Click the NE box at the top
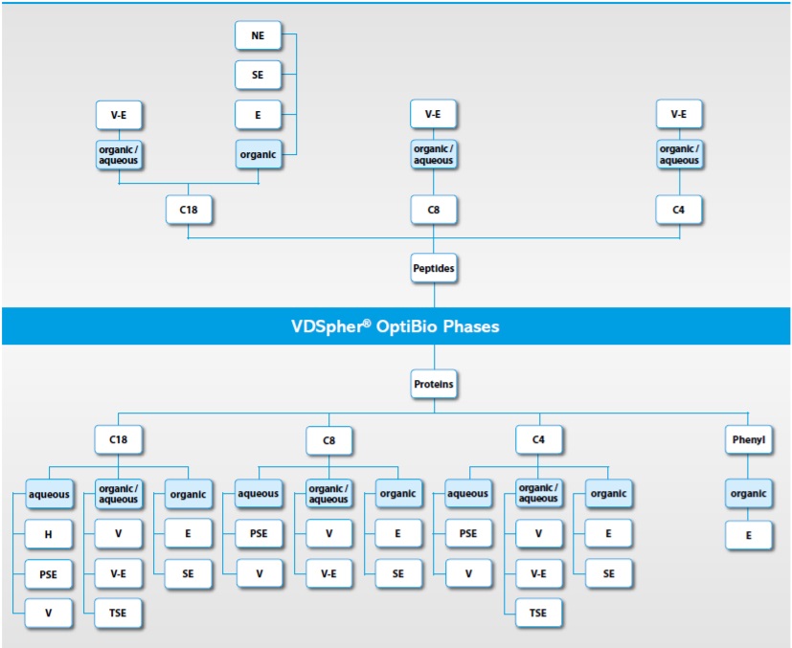pos(258,36)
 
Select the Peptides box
pos(433,269)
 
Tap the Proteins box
pos(433,385)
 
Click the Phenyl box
pos(748,440)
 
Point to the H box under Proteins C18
pos(47,533)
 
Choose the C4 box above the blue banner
pos(679,209)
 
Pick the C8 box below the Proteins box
pos(328,440)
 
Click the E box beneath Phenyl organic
pos(748,534)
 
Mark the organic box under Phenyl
pos(748,494)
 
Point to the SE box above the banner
pos(258,75)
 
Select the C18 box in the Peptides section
pos(188,209)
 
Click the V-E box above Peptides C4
pos(679,115)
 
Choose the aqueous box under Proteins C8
pos(258,494)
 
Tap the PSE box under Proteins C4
pos(467,533)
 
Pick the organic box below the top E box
pos(258,154)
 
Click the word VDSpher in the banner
pos(331,326)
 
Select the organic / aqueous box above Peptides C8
pos(433,154)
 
